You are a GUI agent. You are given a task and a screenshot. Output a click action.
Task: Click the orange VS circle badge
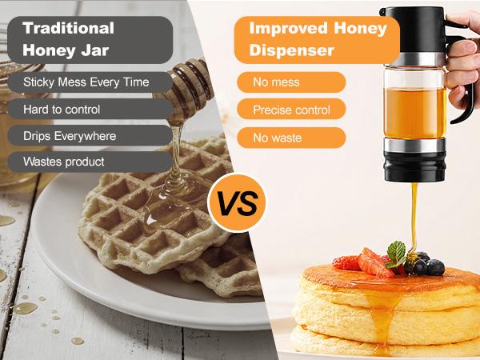[x=238, y=203]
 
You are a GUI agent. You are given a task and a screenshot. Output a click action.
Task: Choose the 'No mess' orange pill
[x=291, y=82]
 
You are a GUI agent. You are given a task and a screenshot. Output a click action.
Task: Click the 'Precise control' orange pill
[x=291, y=109]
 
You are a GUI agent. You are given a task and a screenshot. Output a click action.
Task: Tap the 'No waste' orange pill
[x=291, y=138]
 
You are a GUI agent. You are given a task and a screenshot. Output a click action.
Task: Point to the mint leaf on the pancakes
[x=396, y=254]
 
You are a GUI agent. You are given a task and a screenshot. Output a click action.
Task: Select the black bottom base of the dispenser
[x=414, y=166]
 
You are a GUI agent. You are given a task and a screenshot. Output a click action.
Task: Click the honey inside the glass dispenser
[x=415, y=114]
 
